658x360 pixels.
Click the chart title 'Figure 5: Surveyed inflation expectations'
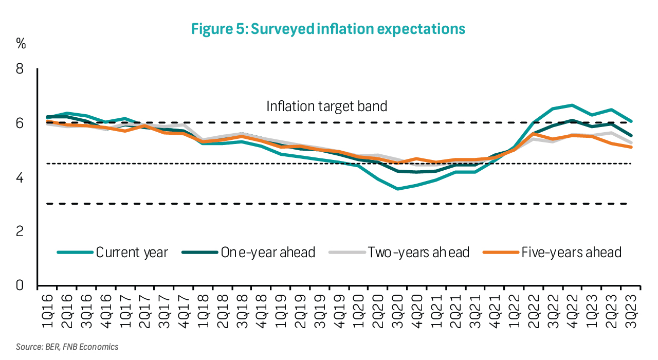tap(328, 29)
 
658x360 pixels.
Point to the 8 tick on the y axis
tap(20, 68)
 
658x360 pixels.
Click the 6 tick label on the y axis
tap(20, 123)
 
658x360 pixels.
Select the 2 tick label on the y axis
tap(20, 231)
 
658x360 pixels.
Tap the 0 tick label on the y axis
tap(20, 285)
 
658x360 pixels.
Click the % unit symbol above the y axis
tap(21, 44)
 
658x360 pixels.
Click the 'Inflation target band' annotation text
tap(326, 106)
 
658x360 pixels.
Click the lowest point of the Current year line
tap(397, 189)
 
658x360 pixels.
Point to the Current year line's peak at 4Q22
tap(572, 105)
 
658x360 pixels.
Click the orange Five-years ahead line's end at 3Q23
tap(631, 147)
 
